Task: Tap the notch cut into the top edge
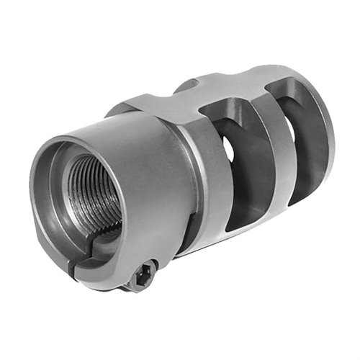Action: coord(186,85)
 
